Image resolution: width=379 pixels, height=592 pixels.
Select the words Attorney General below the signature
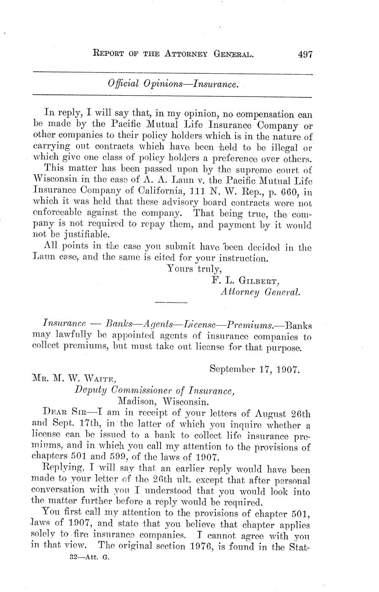coord(260,292)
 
